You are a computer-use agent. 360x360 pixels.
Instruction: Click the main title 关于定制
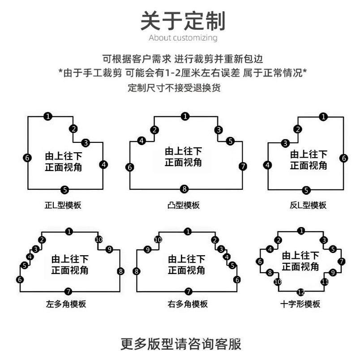pyautogui.click(x=182, y=20)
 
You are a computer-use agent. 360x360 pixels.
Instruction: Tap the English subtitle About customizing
pyautogui.click(x=183, y=38)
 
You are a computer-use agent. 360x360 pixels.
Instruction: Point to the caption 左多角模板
pyautogui.click(x=66, y=304)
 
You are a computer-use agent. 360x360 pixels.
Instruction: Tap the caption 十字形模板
pyautogui.click(x=300, y=304)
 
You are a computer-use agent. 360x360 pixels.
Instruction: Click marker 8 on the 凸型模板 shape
pyautogui.click(x=184, y=188)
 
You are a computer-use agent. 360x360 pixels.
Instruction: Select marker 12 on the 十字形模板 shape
pyautogui.click(x=301, y=292)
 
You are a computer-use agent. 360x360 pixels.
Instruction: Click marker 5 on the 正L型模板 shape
pyautogui.click(x=64, y=189)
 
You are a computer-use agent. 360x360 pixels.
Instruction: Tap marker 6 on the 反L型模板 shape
pyautogui.click(x=343, y=158)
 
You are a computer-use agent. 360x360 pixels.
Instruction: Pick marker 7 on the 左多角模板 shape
pyautogui.click(x=68, y=291)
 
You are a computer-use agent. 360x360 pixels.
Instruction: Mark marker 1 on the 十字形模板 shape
pyautogui.click(x=301, y=231)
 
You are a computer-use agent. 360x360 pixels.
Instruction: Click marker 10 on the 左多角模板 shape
pyautogui.click(x=99, y=240)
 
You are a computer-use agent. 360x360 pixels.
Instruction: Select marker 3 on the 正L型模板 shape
pyautogui.click(x=86, y=143)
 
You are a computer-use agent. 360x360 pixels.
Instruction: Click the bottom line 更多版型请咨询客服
pyautogui.click(x=181, y=344)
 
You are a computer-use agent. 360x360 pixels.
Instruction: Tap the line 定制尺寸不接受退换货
pyautogui.click(x=174, y=88)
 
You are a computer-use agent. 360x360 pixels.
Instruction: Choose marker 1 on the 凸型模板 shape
pyautogui.click(x=185, y=116)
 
